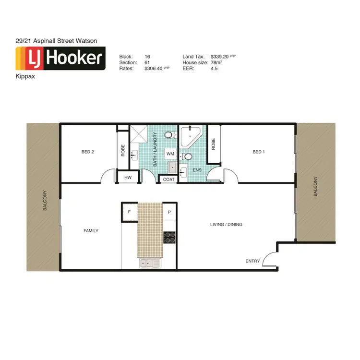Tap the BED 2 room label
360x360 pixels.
coord(87,152)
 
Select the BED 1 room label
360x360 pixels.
coord(258,152)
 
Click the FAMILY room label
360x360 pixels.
coord(91,231)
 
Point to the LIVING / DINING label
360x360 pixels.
coord(226,224)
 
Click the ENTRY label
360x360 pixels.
coord(252,261)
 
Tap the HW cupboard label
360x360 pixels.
coord(128,178)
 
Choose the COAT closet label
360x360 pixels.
coord(168,179)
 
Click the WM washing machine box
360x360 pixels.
coord(170,154)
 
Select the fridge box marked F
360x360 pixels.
coord(129,212)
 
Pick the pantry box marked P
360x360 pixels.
coord(169,212)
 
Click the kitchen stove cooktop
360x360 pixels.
coord(170,237)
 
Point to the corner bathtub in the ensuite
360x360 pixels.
coord(191,135)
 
